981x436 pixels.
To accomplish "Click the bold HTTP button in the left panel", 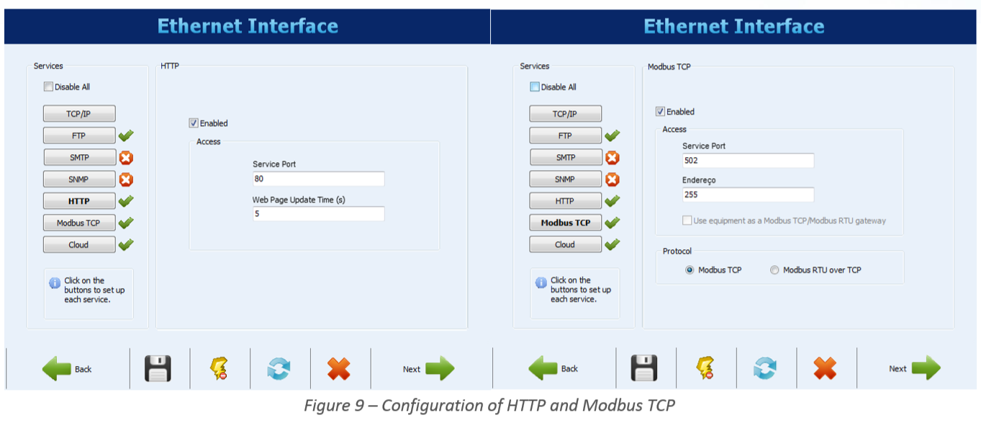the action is (x=79, y=201).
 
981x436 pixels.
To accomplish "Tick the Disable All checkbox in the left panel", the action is (x=48, y=86).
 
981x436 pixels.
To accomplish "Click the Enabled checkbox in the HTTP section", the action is (x=193, y=123).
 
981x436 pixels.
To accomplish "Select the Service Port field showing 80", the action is (x=318, y=179).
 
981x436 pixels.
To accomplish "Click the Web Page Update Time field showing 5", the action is (x=318, y=213).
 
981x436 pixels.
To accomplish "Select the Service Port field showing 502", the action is (x=748, y=161).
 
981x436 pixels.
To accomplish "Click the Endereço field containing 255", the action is (x=748, y=195).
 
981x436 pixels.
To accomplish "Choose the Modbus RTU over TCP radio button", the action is (x=774, y=270).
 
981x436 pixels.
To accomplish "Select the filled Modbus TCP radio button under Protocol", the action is (x=690, y=270).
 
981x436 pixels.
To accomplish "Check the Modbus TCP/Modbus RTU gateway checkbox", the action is (x=687, y=221).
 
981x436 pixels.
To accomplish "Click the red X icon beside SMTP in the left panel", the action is (x=126, y=158).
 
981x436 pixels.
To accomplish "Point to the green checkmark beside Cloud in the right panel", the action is (x=612, y=244).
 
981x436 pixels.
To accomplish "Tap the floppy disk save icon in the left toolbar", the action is (x=158, y=368).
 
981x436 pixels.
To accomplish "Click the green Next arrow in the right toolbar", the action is (x=926, y=368).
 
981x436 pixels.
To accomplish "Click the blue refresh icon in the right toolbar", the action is (x=765, y=368).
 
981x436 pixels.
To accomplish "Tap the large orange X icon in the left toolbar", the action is (x=338, y=368).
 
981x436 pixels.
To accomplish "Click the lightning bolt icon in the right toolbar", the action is (x=705, y=368).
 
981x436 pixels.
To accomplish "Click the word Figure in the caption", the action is (x=327, y=405).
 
